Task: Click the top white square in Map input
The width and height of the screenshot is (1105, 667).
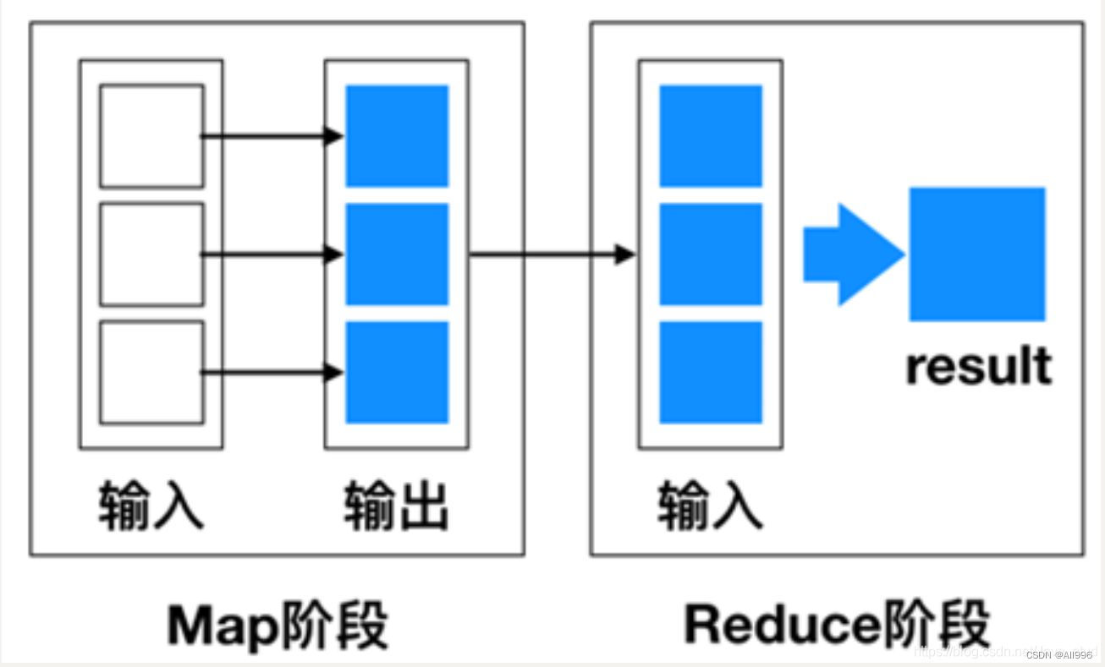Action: (151, 136)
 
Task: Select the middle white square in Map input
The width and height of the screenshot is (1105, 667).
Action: (151, 254)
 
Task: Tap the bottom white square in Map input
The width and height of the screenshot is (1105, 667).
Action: (151, 372)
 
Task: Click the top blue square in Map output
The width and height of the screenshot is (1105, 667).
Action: (397, 136)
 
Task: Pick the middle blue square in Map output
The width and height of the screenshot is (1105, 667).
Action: (397, 254)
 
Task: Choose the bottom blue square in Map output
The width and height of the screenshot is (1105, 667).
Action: (397, 372)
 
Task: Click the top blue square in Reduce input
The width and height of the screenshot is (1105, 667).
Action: (711, 136)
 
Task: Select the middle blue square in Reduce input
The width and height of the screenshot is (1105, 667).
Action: (711, 254)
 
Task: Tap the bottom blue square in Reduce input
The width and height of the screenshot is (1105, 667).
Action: (711, 372)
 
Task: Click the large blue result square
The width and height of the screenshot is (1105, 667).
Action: (977, 254)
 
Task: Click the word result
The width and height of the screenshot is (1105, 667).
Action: (978, 366)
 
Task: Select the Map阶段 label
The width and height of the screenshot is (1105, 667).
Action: (278, 626)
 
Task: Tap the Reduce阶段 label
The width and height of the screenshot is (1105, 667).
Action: (837, 626)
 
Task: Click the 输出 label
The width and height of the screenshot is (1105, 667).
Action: (396, 506)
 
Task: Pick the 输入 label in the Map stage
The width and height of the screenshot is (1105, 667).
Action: (151, 506)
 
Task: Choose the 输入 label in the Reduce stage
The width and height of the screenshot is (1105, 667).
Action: (711, 506)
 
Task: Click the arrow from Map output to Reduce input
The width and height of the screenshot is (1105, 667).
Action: (550, 254)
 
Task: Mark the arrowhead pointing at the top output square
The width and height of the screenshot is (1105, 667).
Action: (334, 136)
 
